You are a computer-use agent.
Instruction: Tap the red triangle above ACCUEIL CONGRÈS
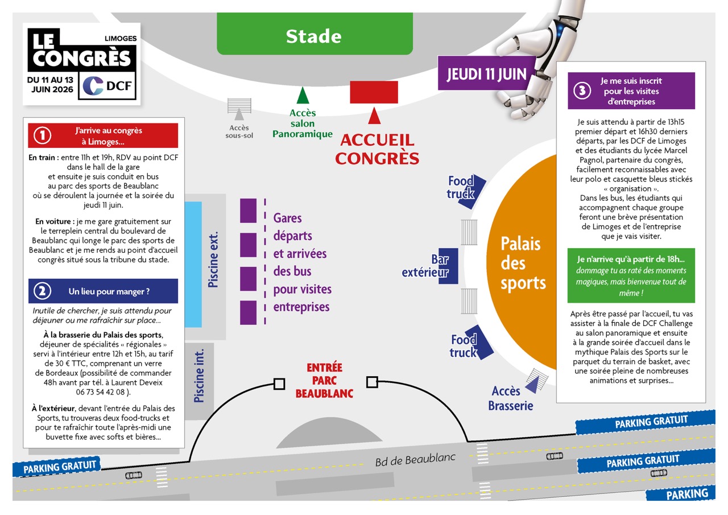pos(374,116)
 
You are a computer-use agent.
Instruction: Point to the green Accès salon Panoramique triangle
pos(303,96)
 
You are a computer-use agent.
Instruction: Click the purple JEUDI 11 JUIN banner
pos(486,73)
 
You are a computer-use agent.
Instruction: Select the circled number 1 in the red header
pos(43,135)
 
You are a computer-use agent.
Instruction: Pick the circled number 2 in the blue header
pos(43,291)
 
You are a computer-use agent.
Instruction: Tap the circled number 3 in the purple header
pos(582,90)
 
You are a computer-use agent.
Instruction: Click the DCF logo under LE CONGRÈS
pos(107,86)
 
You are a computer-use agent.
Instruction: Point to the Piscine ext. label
pos(213,259)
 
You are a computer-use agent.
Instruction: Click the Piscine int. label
pos(199,376)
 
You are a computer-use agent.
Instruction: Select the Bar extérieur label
pos(425,266)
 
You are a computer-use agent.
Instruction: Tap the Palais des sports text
pos(523,263)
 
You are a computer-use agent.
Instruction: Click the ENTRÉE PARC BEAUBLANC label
pos(324,380)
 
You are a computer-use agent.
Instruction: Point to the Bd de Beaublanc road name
pos(415,459)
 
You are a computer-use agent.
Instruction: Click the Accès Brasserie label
pos(510,398)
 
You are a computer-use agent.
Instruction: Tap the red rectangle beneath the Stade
pos(374,92)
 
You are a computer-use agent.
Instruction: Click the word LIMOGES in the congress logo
pos(121,38)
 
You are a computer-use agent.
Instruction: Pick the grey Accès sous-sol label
pos(239,131)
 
